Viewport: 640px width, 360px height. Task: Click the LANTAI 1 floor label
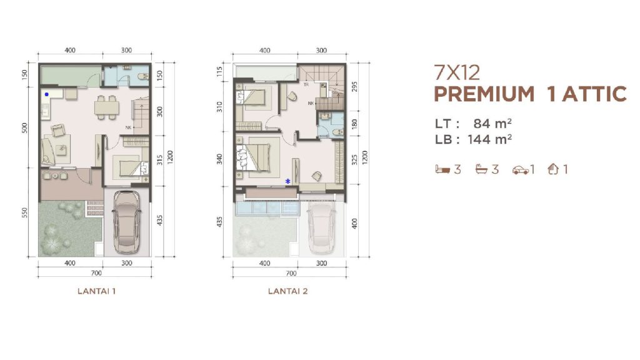pyautogui.click(x=96, y=291)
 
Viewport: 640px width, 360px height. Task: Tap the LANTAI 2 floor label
pyautogui.click(x=287, y=291)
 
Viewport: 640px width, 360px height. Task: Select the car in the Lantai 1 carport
pyautogui.click(x=127, y=223)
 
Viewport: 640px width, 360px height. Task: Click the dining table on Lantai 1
pyautogui.click(x=106, y=107)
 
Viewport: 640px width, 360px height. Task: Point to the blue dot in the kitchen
pyautogui.click(x=46, y=94)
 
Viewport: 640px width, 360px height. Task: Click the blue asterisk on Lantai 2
pyautogui.click(x=287, y=181)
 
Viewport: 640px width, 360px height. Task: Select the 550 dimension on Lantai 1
pyautogui.click(x=25, y=213)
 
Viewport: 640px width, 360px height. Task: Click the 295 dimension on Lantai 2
pyautogui.click(x=354, y=86)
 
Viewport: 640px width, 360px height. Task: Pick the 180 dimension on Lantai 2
pyautogui.click(x=354, y=123)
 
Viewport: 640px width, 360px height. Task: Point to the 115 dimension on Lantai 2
pyautogui.click(x=221, y=71)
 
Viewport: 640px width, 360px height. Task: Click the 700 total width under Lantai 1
pyautogui.click(x=96, y=273)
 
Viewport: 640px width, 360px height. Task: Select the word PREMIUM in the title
pyautogui.click(x=484, y=94)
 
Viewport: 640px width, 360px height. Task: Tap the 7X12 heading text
pyautogui.click(x=457, y=72)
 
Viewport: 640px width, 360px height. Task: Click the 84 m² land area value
pyautogui.click(x=492, y=123)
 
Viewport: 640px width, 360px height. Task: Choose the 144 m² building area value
pyautogui.click(x=489, y=139)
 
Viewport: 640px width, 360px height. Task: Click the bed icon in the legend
pyautogui.click(x=442, y=169)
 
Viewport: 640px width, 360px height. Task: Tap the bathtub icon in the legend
pyautogui.click(x=482, y=169)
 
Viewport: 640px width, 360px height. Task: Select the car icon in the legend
pyautogui.click(x=521, y=170)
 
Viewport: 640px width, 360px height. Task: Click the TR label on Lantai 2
pyautogui.click(x=306, y=85)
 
